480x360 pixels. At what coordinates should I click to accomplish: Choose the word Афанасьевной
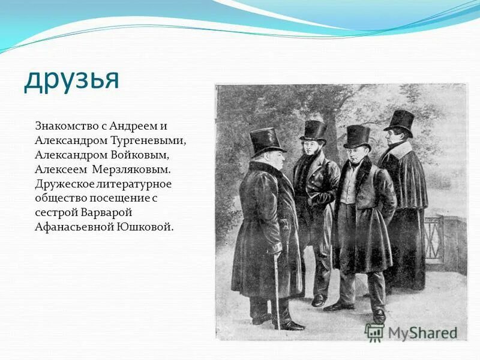pos(71,227)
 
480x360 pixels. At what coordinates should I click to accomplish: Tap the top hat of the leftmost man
pos(265,142)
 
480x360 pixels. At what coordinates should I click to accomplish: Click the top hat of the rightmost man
pos(399,121)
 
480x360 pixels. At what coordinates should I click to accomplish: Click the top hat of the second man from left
pos(313,130)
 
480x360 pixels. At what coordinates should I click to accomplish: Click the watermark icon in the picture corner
pos(374,332)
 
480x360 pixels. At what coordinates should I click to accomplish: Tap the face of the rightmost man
pos(394,136)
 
